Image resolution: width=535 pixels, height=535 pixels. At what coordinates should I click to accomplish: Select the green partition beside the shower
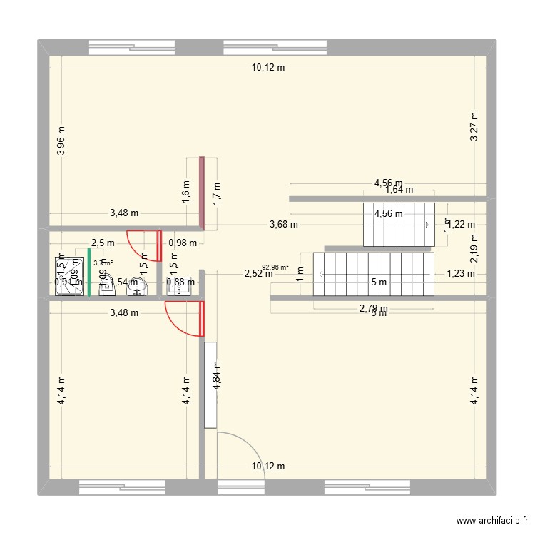click(x=89, y=271)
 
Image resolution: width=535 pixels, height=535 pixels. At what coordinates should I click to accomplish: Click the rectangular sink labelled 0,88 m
click(x=175, y=284)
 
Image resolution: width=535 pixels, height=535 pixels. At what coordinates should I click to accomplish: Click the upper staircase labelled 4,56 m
click(x=399, y=224)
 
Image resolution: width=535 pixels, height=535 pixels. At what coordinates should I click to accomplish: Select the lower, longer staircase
click(x=377, y=274)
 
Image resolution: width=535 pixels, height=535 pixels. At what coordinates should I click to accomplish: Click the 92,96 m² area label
click(x=275, y=267)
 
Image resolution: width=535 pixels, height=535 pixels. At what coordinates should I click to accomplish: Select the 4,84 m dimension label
click(x=217, y=374)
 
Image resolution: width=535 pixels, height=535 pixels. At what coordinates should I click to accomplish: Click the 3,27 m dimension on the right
click(x=474, y=127)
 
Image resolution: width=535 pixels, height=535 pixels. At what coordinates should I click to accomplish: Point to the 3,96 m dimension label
click(x=61, y=141)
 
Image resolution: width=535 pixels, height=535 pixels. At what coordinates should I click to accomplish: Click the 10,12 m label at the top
click(x=267, y=68)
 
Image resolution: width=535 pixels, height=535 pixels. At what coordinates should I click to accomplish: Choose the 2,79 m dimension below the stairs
click(x=373, y=308)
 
